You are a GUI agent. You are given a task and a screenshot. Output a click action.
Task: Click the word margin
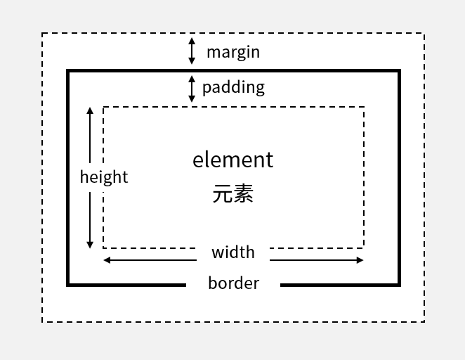pyautogui.click(x=232, y=52)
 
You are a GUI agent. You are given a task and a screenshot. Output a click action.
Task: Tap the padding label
pyautogui.click(x=233, y=87)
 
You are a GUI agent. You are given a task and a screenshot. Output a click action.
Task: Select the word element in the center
pyautogui.click(x=232, y=160)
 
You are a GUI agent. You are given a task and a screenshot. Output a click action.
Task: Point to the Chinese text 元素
pyautogui.click(x=232, y=193)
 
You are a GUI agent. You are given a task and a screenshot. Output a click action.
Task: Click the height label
pyautogui.click(x=104, y=176)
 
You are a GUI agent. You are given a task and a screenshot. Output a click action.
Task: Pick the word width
pyautogui.click(x=232, y=252)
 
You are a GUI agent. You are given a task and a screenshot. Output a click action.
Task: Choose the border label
pyautogui.click(x=233, y=283)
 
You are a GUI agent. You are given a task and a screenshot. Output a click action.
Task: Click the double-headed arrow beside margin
pyautogui.click(x=192, y=51)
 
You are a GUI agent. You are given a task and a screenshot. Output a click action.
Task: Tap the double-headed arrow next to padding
pyautogui.click(x=192, y=89)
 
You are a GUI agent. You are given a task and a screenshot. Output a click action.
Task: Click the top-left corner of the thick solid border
pyautogui.click(x=68, y=71)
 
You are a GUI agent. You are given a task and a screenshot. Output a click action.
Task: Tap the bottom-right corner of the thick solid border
pyautogui.click(x=399, y=285)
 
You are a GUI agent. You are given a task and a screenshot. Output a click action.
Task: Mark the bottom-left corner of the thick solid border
pyautogui.click(x=68, y=285)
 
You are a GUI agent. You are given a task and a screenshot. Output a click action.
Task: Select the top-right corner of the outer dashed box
pyautogui.click(x=424, y=33)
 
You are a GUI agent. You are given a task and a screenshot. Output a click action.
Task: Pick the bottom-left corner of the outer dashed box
pyautogui.click(x=42, y=322)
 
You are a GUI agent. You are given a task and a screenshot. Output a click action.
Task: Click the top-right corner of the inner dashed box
pyautogui.click(x=364, y=107)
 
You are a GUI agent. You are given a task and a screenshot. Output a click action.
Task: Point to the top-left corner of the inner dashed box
pyautogui.click(x=103, y=107)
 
